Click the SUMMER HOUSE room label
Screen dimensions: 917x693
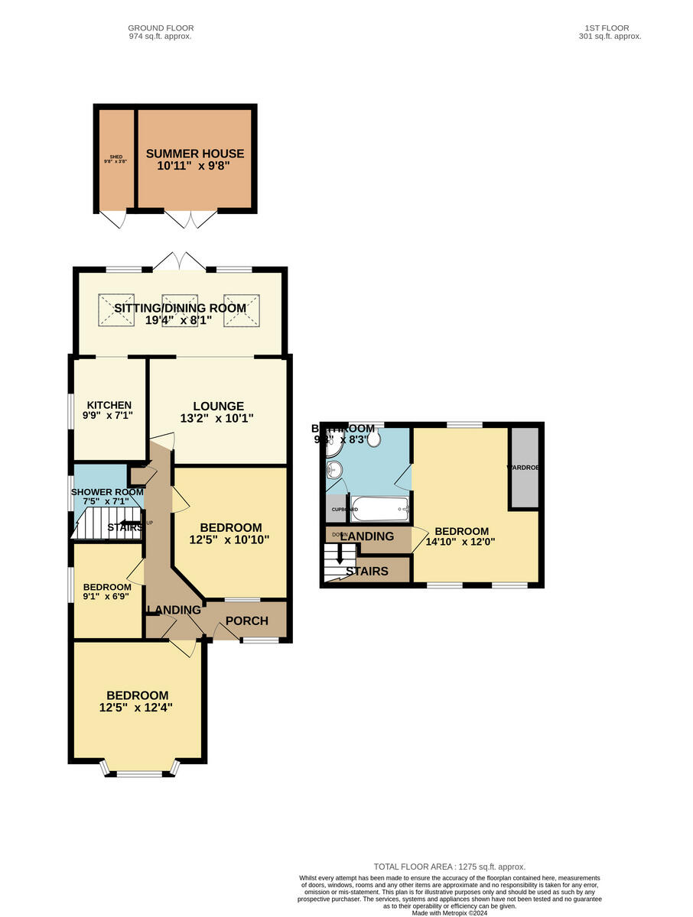click(x=194, y=153)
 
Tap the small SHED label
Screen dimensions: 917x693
click(x=115, y=157)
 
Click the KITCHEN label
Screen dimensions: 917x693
click(x=109, y=405)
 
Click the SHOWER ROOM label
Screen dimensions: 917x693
click(x=107, y=492)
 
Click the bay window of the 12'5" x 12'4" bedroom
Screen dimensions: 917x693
click(x=139, y=771)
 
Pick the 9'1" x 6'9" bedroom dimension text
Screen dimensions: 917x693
click(x=107, y=598)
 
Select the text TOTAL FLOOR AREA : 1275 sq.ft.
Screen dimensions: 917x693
click(x=449, y=867)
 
